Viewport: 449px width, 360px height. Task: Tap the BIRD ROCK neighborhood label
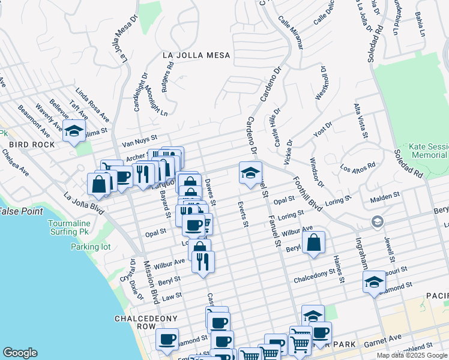tap(31, 145)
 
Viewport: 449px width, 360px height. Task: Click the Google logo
tap(20, 353)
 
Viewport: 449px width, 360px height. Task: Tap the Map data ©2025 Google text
tap(412, 355)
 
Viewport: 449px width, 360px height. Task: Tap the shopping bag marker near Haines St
tap(313, 242)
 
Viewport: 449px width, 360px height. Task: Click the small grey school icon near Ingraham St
tap(377, 221)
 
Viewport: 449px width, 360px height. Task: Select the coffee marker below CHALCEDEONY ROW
tap(167, 339)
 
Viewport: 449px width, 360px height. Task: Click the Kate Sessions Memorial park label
tap(427, 151)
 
